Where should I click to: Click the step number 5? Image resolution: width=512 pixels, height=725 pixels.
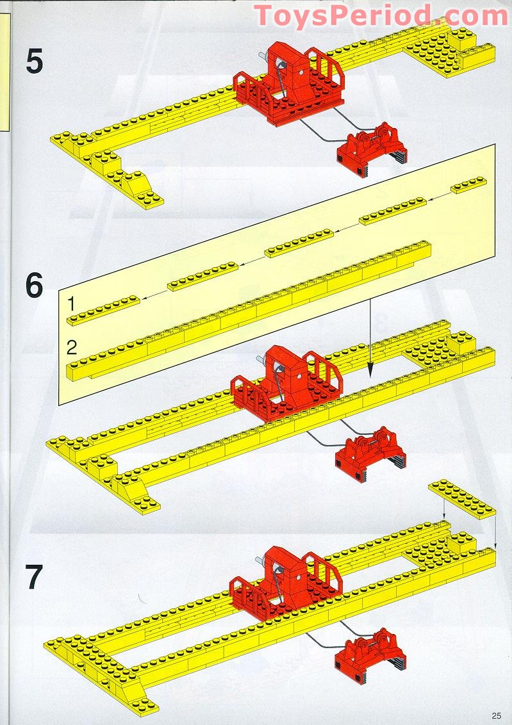coord(35,61)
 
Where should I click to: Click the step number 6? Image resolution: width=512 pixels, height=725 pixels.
coord(35,286)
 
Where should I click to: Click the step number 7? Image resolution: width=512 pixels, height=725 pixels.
coord(34,577)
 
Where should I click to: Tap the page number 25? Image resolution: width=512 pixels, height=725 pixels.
coord(497,715)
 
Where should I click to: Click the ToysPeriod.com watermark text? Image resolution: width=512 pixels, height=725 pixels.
coord(381,15)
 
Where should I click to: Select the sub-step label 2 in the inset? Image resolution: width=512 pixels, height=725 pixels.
coord(72,348)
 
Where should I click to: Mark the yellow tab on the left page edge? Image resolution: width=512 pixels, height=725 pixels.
coord(5,70)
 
